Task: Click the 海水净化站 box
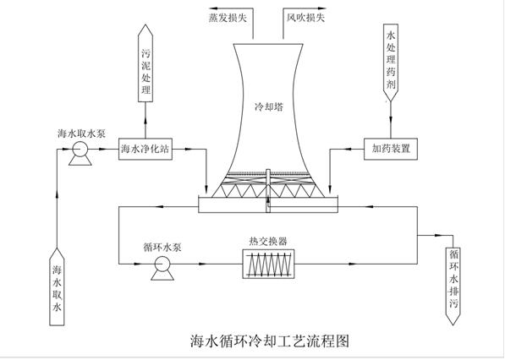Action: pyautogui.click(x=145, y=149)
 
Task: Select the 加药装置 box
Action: pyautogui.click(x=391, y=149)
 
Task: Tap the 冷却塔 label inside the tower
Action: pyautogui.click(x=269, y=106)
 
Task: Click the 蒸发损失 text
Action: pyautogui.click(x=228, y=18)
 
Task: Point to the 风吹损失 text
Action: pyautogui.click(x=305, y=18)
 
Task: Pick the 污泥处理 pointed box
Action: pyautogui.click(x=145, y=63)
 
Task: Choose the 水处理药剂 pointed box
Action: pyautogui.click(x=391, y=63)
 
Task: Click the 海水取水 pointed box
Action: pyautogui.click(x=57, y=286)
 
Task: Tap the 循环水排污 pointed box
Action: pyautogui.click(x=453, y=286)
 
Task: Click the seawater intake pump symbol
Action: pyautogui.click(x=80, y=153)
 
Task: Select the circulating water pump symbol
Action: pyautogui.click(x=162, y=268)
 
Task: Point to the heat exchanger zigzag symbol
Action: pyautogui.click(x=268, y=265)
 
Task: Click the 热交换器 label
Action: pyautogui.click(x=268, y=242)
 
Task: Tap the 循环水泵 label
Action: pyautogui.click(x=162, y=247)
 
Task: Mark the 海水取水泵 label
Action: pyautogui.click(x=81, y=134)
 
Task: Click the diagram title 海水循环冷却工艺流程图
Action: pyautogui.click(x=270, y=341)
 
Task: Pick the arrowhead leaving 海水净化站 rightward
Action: pyautogui.click(x=187, y=149)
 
